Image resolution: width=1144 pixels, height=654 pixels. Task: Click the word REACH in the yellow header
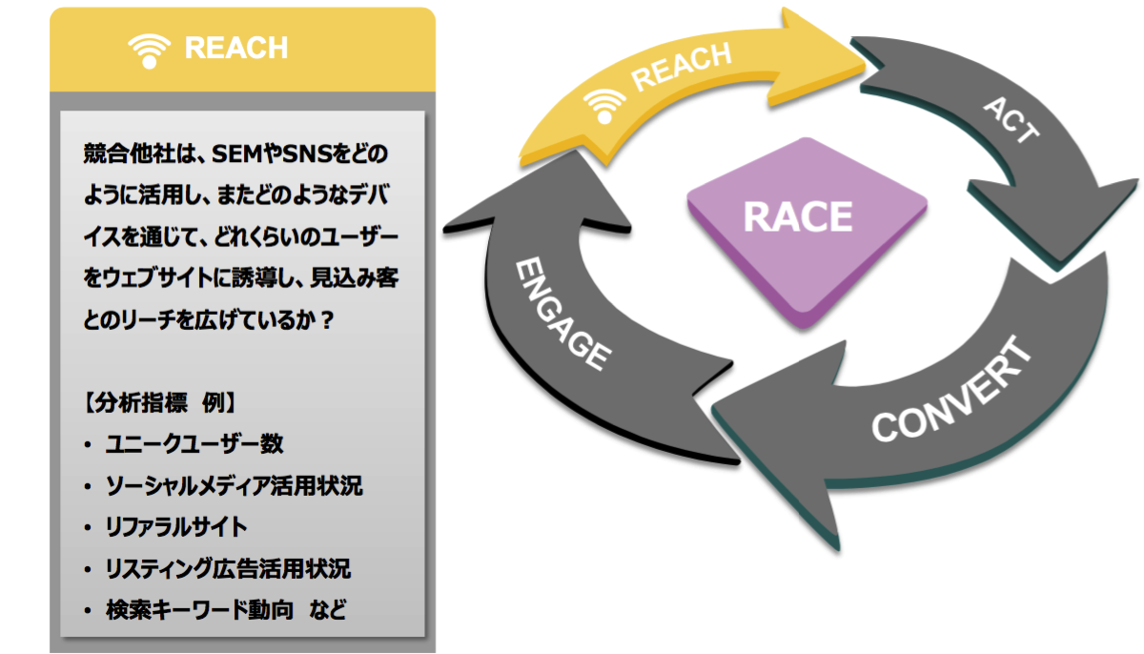pyautogui.click(x=235, y=49)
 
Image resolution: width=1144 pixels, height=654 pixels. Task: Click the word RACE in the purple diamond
pyautogui.click(x=797, y=216)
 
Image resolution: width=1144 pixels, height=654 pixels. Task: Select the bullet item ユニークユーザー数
pyautogui.click(x=194, y=443)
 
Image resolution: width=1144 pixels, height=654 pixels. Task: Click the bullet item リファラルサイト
pyautogui.click(x=176, y=526)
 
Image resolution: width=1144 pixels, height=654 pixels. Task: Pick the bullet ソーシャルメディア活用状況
pyautogui.click(x=234, y=485)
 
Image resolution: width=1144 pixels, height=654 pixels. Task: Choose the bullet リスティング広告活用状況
pyautogui.click(x=228, y=569)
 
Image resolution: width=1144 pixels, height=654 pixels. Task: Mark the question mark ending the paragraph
pyautogui.click(x=326, y=321)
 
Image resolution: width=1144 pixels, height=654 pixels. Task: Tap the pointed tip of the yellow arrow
pyautogui.click(x=862, y=54)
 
